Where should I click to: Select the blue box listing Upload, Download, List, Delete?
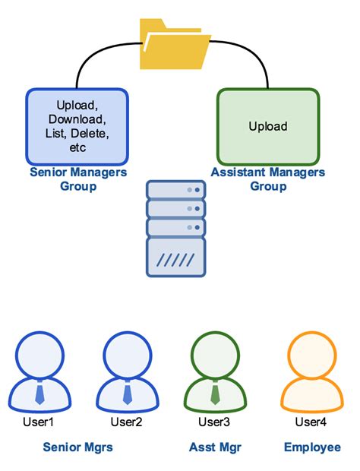[x=77, y=126]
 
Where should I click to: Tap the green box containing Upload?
[x=267, y=126]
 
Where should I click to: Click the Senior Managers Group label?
[x=77, y=179]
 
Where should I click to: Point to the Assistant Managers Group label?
[x=268, y=179]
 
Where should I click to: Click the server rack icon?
[x=175, y=228]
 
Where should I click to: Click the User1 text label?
[x=40, y=422]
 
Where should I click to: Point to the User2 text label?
[x=127, y=422]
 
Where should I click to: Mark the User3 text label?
[x=215, y=422]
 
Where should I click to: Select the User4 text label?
[x=311, y=422]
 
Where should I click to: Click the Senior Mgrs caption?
[x=77, y=447]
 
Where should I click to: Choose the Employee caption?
[x=312, y=447]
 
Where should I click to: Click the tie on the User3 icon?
[x=215, y=394]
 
